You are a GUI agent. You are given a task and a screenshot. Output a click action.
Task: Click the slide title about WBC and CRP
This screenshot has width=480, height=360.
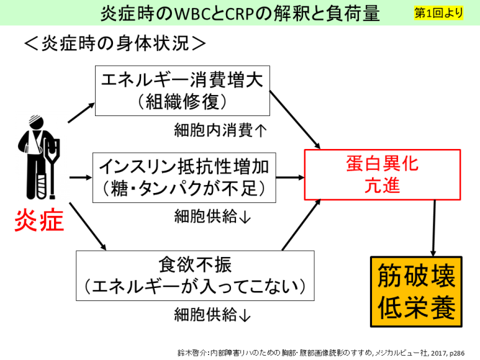click(x=240, y=13)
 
